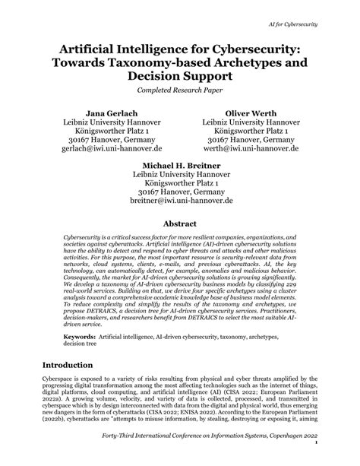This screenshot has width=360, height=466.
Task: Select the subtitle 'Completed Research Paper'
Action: point(179,90)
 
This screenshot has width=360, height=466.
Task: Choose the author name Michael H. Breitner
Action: point(179,163)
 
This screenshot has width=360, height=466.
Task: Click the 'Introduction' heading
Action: point(76,364)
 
